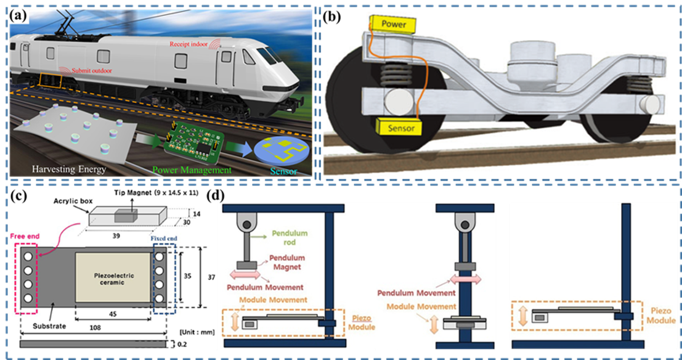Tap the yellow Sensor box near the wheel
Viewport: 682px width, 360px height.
pos(395,127)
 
